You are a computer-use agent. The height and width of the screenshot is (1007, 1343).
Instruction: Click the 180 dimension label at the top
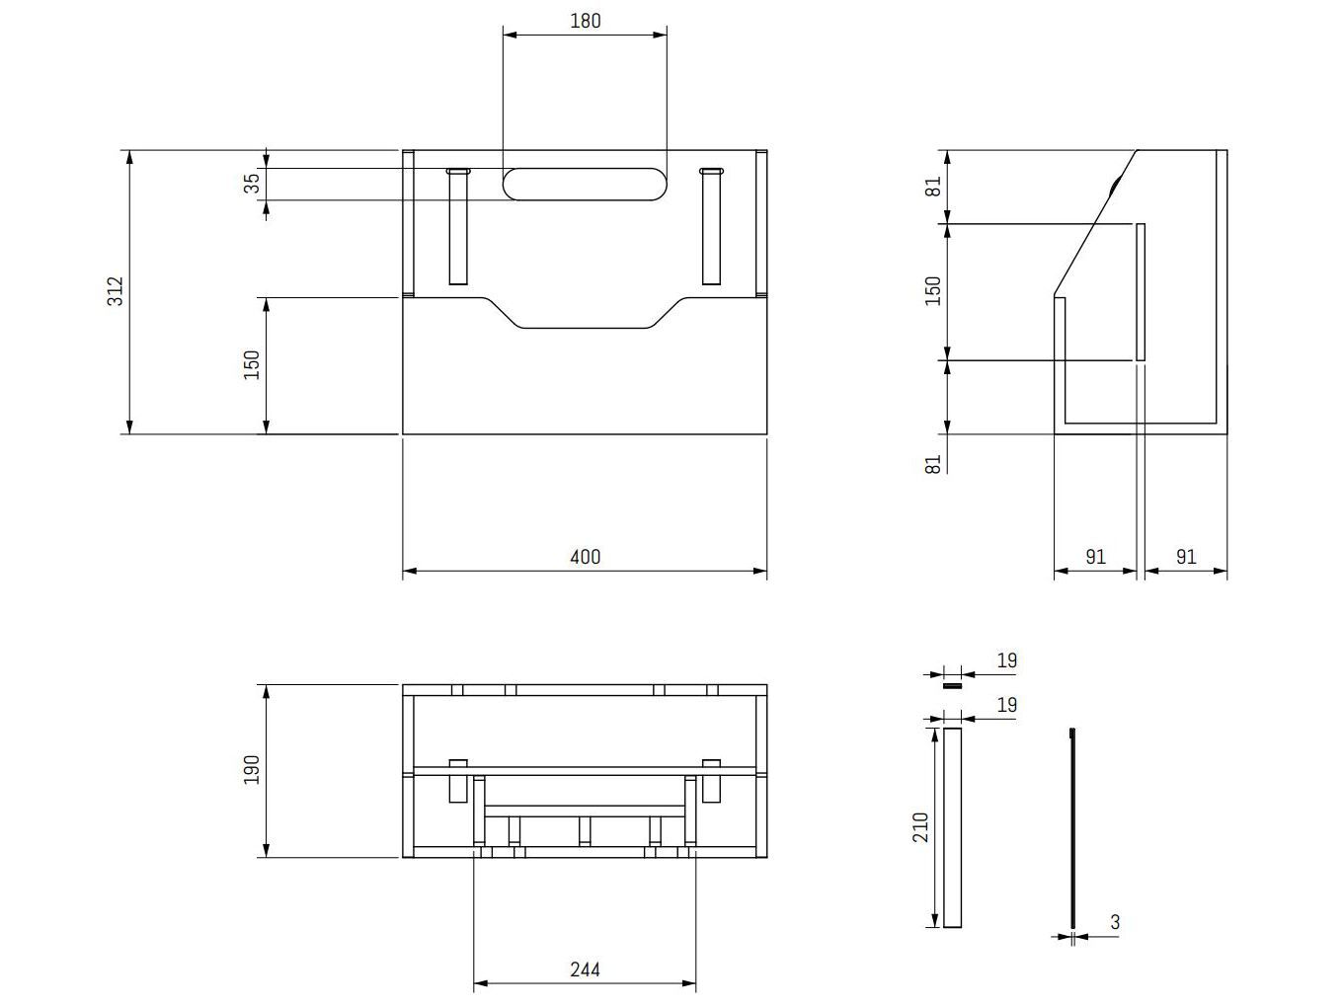585,21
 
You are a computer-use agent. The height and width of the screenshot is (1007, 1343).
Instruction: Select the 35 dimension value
253,184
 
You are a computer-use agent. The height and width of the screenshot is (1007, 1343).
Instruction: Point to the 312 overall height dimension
116,290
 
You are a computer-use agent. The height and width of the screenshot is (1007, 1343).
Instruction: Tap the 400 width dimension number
585,557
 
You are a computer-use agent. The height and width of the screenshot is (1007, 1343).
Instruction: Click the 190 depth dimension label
252,770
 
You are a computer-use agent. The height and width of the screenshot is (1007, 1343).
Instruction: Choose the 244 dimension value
585,969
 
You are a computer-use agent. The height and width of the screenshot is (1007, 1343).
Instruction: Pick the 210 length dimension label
920,826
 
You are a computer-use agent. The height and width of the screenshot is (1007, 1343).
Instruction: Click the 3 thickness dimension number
1115,923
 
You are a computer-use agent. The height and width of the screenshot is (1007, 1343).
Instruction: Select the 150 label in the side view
933,290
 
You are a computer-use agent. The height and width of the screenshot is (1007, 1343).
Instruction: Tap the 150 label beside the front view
252,364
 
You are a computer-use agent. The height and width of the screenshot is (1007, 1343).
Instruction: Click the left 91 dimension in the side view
1095,557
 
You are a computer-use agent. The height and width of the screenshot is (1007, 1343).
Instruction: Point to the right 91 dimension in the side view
1186,557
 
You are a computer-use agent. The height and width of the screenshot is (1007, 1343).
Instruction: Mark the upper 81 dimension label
933,187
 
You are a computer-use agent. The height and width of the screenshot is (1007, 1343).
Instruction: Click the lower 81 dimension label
933,463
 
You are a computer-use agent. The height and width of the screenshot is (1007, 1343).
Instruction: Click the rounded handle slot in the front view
585,184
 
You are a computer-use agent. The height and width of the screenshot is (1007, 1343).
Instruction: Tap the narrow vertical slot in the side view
1141,292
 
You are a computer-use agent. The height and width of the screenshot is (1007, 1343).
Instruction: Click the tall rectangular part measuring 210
952,827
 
